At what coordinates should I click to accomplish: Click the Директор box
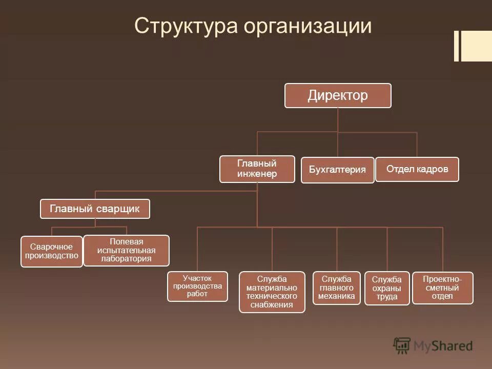tap(338, 96)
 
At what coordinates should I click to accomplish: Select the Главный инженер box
tap(257, 169)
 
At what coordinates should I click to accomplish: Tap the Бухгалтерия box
tap(337, 170)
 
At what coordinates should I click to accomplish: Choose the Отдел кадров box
tap(417, 169)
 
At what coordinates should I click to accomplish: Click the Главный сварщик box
tap(95, 209)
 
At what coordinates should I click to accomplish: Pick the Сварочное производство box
tap(51, 251)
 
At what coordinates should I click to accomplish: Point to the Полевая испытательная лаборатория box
tap(126, 250)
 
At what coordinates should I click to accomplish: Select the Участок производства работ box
tap(197, 286)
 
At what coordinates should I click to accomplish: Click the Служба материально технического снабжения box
tap(272, 292)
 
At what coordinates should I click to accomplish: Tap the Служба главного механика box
tap(337, 288)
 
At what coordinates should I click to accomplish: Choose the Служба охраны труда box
tap(387, 288)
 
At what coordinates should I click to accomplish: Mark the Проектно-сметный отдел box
tap(442, 288)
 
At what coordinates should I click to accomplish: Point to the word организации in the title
tap(307, 26)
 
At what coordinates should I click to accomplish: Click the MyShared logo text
tap(443, 346)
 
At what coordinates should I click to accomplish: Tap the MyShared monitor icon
tap(402, 345)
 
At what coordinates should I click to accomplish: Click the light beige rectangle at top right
tap(477, 46)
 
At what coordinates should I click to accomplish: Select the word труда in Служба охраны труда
tap(387, 297)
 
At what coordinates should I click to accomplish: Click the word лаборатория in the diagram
tap(126, 259)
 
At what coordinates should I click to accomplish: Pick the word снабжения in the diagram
tap(272, 305)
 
